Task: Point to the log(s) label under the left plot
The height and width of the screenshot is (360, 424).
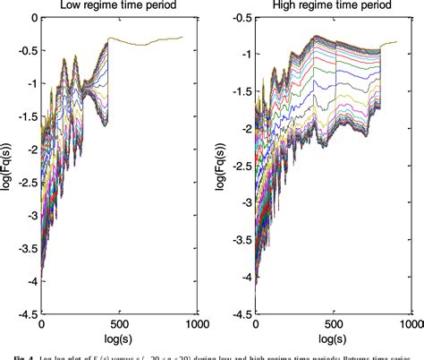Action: pyautogui.click(x=120, y=341)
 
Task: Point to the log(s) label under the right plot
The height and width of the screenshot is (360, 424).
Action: pyautogui.click(x=333, y=341)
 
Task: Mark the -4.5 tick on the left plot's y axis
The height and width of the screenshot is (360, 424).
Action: pyautogui.click(x=28, y=315)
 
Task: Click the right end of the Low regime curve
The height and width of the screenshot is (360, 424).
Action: pyautogui.click(x=182, y=38)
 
